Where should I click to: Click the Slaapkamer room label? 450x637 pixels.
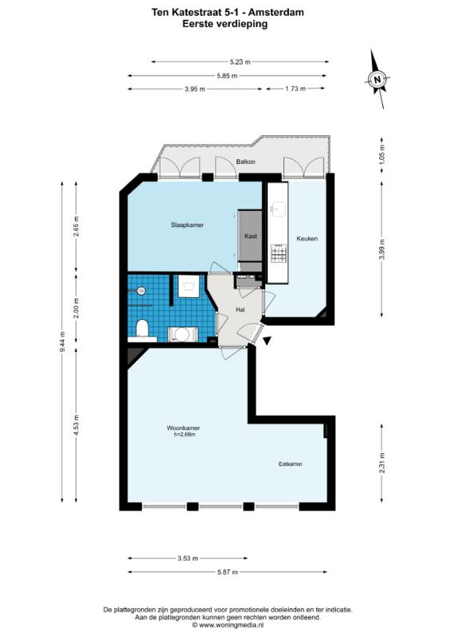click(x=187, y=225)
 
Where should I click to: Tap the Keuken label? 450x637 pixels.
click(x=307, y=238)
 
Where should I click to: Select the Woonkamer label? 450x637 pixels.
click(x=183, y=428)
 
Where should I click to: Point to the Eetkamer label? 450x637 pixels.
click(x=290, y=463)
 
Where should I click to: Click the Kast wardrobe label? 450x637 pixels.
click(x=250, y=236)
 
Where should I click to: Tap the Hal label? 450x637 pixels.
click(x=241, y=310)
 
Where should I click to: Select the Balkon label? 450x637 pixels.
click(x=245, y=162)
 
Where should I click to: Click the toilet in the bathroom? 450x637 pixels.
click(x=142, y=328)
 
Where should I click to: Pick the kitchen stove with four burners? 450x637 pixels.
click(x=279, y=253)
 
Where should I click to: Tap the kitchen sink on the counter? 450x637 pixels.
click(x=279, y=208)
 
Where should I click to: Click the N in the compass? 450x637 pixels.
click(x=378, y=79)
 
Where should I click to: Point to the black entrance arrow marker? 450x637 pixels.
click(x=267, y=342)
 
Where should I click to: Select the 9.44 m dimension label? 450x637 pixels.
click(x=62, y=343)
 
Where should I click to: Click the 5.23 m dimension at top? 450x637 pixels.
click(x=240, y=62)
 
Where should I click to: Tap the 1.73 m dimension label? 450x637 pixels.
click(x=295, y=88)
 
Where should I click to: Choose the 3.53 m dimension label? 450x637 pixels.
click(x=187, y=558)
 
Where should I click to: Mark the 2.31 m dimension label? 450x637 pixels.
click(x=382, y=463)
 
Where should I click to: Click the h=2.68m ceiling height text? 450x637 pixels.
click(x=182, y=434)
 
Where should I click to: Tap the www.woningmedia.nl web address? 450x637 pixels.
click(x=231, y=625)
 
